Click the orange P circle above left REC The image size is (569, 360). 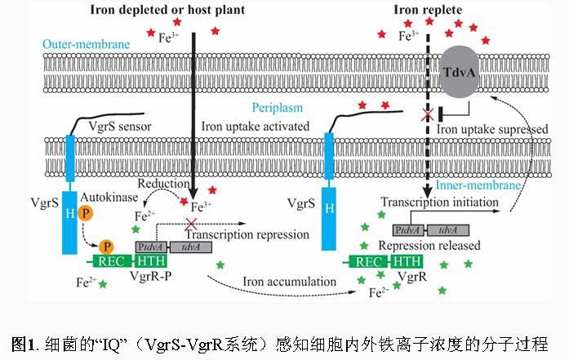pyautogui.click(x=106, y=246)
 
